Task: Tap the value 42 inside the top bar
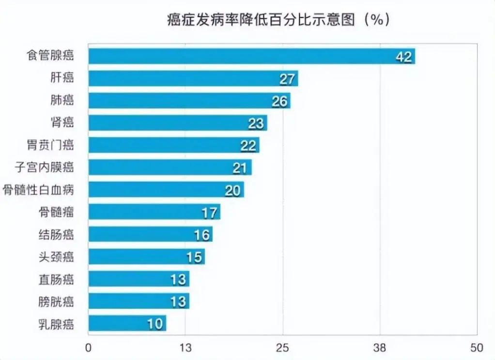click(x=403, y=57)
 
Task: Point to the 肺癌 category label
click(x=62, y=100)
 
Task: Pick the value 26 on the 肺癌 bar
click(x=279, y=102)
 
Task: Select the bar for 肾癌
click(x=177, y=123)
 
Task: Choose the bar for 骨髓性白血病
click(x=166, y=190)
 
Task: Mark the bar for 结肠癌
click(x=150, y=234)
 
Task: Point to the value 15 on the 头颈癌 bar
click(x=194, y=257)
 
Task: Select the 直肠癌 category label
click(x=56, y=279)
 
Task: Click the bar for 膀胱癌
click(x=139, y=301)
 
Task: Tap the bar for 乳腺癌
click(x=127, y=323)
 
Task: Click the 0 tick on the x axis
click(x=88, y=347)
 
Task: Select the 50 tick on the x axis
click(x=477, y=347)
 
